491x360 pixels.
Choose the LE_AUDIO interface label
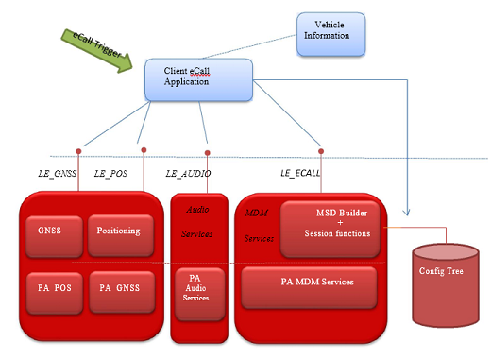click(x=188, y=174)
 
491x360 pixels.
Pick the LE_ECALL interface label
click(x=303, y=174)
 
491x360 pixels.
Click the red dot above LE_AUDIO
click(x=206, y=151)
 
